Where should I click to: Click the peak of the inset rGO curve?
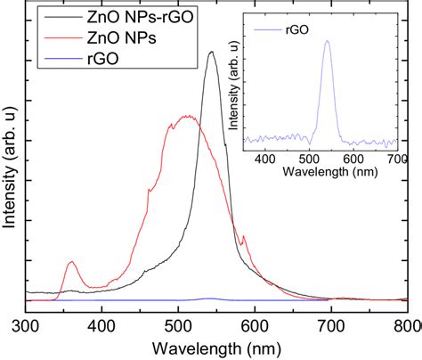[327, 40]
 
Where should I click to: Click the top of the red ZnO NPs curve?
[186, 116]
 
